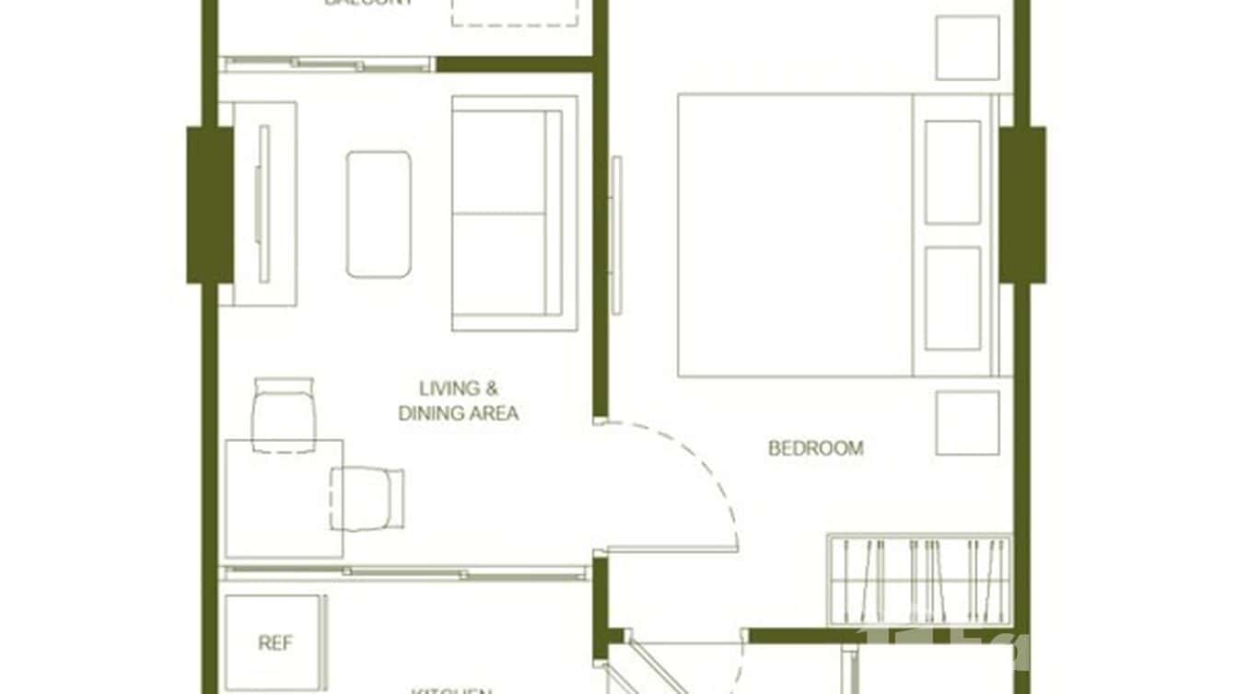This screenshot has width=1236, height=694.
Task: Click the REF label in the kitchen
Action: [274, 643]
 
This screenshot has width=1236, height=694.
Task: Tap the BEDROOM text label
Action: [816, 448]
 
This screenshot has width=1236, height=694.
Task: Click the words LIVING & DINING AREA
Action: [458, 401]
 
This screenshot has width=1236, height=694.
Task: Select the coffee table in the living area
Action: [379, 214]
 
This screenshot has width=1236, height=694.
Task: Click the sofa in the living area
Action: [514, 214]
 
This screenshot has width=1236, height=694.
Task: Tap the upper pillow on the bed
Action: [952, 172]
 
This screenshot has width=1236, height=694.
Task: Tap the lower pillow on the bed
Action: [952, 297]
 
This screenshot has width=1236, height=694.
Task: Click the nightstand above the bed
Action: [967, 48]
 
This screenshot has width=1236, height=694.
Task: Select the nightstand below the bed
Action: [967, 422]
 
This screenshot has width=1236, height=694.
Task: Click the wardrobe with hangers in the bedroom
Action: [920, 579]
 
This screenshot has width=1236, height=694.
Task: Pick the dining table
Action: [284, 499]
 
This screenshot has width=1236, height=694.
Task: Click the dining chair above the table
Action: [283, 414]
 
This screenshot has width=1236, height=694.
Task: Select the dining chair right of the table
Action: [368, 498]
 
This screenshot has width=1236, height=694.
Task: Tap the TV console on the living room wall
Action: [264, 203]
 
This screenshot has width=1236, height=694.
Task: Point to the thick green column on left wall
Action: [210, 204]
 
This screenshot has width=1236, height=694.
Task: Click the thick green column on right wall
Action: [1022, 204]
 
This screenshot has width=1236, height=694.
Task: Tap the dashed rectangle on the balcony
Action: [514, 13]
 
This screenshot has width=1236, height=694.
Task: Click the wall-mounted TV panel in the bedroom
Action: [616, 235]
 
